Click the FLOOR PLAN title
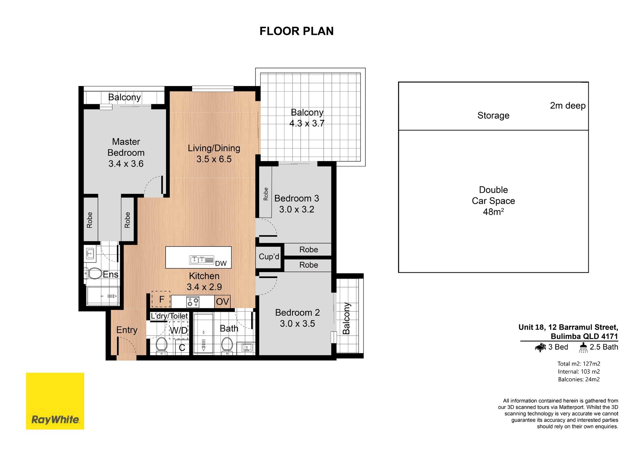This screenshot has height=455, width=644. pos(297,31)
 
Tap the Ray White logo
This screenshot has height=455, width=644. pos(55,401)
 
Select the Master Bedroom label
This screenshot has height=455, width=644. pos(126,147)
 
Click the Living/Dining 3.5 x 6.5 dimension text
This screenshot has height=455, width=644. pos(214,159)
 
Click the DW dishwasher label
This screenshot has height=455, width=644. pos(221,264)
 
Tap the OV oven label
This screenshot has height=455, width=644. pos(222,302)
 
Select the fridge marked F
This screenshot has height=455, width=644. pos(161,299)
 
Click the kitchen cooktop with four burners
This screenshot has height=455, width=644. pos(193,302)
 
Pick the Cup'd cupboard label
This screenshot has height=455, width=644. pos(269,257)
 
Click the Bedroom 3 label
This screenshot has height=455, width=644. pos(297,198)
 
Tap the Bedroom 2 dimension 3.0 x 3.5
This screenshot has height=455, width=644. pos(298,324)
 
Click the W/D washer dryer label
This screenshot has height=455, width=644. pos(178,331)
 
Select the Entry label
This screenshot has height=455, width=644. pos(127,330)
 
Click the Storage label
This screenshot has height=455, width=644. pos(493,116)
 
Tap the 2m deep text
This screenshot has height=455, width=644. pos(568,106)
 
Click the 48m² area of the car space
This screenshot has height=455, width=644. pos(493,212)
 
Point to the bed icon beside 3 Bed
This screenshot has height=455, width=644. pos(540,347)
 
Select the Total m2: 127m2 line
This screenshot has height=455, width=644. pos(579,364)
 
